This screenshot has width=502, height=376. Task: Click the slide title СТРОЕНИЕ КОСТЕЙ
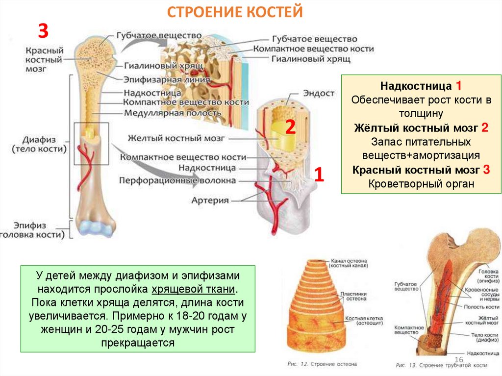(x=235, y=12)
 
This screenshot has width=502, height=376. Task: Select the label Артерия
(x=210, y=200)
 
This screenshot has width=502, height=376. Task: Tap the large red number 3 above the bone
(x=43, y=32)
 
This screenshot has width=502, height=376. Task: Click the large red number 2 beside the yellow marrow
(x=290, y=128)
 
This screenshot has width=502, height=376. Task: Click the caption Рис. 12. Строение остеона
(x=322, y=364)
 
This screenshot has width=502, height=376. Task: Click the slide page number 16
(x=459, y=360)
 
